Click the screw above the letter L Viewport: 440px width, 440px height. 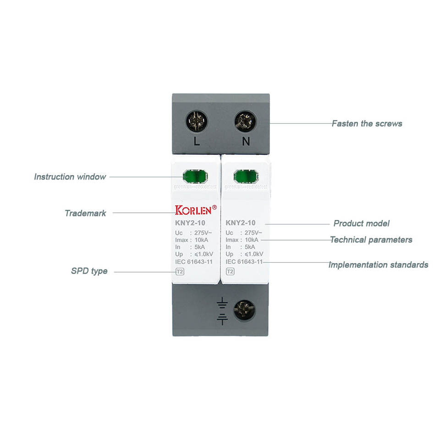pyautogui.click(x=197, y=121)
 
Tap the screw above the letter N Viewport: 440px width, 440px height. pyautogui.click(x=245, y=121)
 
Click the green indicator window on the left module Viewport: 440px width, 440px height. pyautogui.click(x=195, y=176)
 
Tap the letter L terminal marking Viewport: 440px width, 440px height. pyautogui.click(x=197, y=142)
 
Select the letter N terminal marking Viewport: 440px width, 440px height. pyautogui.click(x=246, y=142)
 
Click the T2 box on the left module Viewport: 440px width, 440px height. pyautogui.click(x=180, y=271)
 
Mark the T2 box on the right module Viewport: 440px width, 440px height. pyautogui.click(x=230, y=271)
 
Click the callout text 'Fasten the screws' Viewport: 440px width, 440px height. pyautogui.click(x=367, y=123)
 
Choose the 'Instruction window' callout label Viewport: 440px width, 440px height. pyautogui.click(x=70, y=176)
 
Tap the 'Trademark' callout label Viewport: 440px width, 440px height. pyautogui.click(x=85, y=213)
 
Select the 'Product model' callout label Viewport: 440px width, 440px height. pyautogui.click(x=361, y=224)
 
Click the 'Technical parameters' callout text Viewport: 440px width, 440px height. pyautogui.click(x=371, y=240)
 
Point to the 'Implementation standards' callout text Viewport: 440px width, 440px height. pyautogui.click(x=378, y=265)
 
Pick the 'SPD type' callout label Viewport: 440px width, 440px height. pyautogui.click(x=89, y=271)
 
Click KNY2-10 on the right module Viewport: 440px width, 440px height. pyautogui.click(x=241, y=223)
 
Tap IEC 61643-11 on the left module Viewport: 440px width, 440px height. pyautogui.click(x=194, y=262)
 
